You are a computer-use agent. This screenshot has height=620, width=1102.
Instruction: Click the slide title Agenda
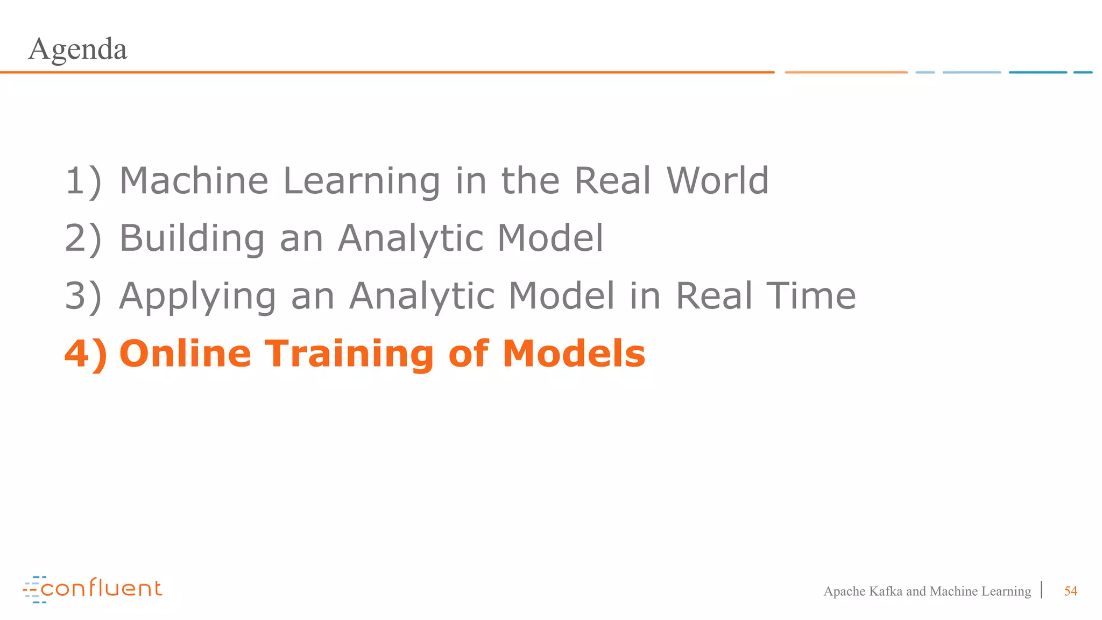(77, 50)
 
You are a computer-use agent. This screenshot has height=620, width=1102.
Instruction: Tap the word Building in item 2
(192, 238)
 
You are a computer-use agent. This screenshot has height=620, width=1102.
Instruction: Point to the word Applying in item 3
(197, 296)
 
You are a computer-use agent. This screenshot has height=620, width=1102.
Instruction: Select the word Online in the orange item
(185, 354)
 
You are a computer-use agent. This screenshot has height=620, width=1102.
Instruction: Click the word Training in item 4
(350, 354)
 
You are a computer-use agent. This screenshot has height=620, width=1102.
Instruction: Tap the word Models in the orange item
(574, 354)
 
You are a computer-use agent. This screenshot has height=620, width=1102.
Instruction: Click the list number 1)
(83, 181)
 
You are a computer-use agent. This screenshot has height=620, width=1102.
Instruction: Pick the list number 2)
(83, 238)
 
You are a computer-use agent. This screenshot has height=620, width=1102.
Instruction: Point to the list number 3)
(83, 296)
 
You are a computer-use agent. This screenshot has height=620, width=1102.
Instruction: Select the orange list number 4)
(86, 354)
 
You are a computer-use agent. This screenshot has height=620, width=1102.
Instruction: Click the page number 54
(1070, 591)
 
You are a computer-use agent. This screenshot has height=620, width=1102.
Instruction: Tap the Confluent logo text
(101, 588)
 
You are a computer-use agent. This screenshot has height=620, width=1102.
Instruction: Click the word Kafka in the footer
(886, 591)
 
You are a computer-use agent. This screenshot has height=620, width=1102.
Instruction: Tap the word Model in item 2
(550, 238)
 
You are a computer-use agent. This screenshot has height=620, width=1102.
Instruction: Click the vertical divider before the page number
(1042, 590)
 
